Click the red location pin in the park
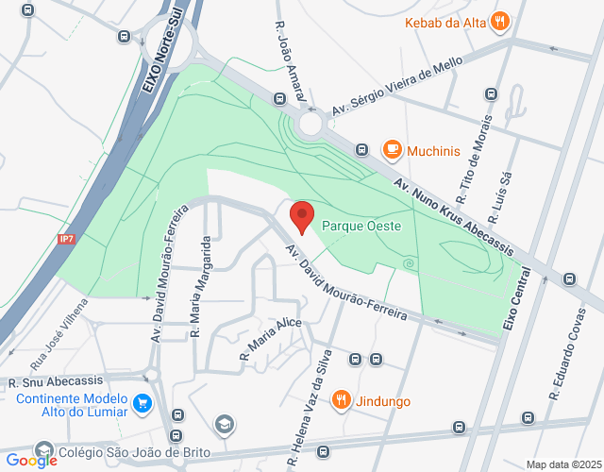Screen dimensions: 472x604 [302, 217]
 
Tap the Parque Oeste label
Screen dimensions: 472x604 [361, 227]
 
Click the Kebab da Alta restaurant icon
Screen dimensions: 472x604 [499, 22]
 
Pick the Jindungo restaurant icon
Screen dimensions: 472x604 [342, 400]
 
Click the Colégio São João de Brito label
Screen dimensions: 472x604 [119, 452]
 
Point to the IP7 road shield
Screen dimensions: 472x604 [66, 239]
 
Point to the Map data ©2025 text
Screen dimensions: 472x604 [562, 464]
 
